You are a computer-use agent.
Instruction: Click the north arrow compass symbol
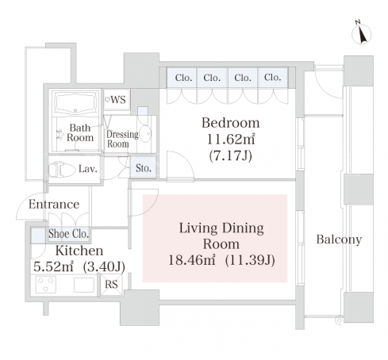pos(361,34)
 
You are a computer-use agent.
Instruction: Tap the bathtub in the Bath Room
pos(75,103)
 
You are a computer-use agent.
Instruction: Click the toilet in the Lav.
pos(62,170)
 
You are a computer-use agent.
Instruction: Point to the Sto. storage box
pos(144,168)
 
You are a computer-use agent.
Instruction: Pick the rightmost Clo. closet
pos(273,78)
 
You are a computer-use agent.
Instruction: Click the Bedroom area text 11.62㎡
pos(231,139)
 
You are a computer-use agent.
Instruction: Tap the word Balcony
pos(339,239)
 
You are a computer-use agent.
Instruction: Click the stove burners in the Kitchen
pos(46,285)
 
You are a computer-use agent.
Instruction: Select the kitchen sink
pos(84,285)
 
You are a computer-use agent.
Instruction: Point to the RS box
pos(111,285)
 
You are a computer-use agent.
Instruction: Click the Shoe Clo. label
pos(68,234)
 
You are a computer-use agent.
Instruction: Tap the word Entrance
pos(54,205)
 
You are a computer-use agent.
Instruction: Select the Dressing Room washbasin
pos(145,133)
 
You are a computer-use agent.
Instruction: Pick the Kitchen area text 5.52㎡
pos(53,266)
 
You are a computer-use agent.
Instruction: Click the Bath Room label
pos(80,132)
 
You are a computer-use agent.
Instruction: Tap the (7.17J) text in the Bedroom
pos(230,155)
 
